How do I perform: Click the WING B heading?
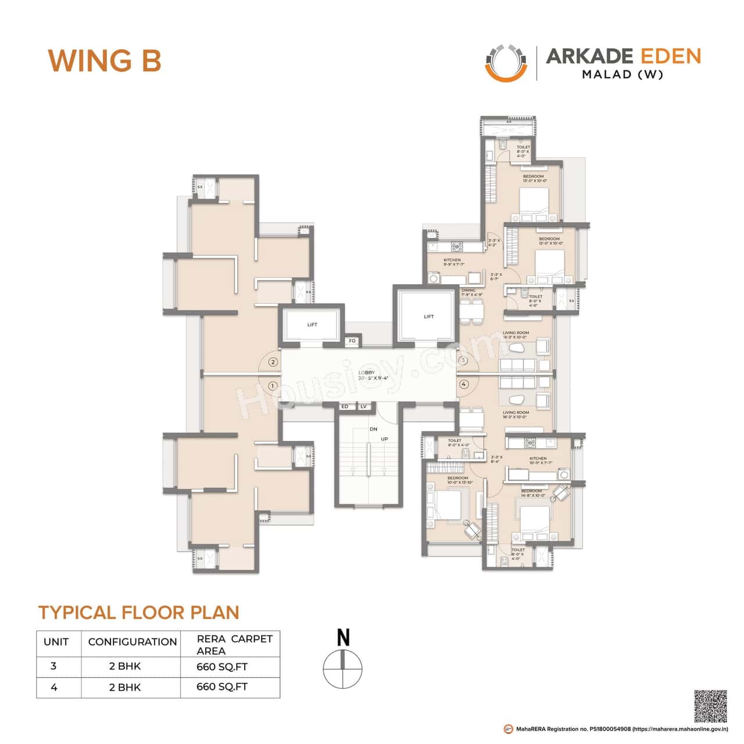[104, 60]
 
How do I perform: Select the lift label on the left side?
[312, 324]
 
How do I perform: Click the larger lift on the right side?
[428, 317]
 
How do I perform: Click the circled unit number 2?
[273, 362]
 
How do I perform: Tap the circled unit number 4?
[463, 384]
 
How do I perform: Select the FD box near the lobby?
[352, 341]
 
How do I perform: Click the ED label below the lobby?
[345, 406]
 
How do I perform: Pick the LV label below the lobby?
[363, 406]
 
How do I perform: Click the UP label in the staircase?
[384, 439]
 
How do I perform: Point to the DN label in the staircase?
[373, 429]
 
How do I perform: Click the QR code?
[710, 706]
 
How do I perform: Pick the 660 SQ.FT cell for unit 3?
[222, 667]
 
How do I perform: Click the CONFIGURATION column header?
[132, 642]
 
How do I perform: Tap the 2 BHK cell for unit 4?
[125, 687]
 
